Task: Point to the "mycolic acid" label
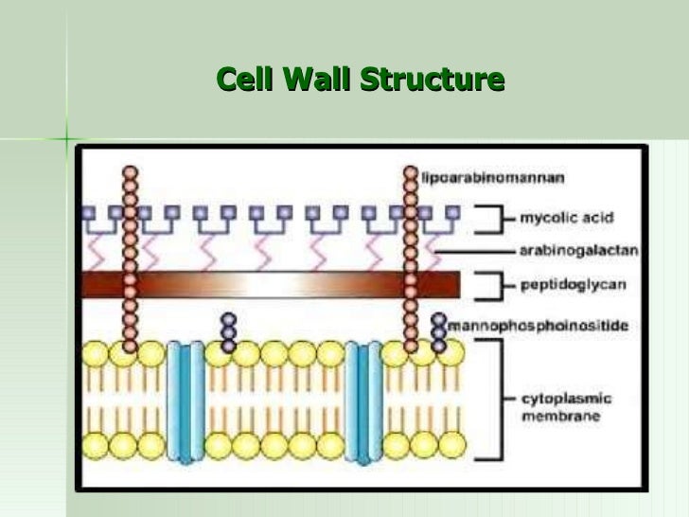coord(565,218)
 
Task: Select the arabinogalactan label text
coord(578,251)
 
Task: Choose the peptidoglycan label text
coord(567,283)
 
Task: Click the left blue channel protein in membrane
coord(185,401)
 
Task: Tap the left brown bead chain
coord(130,256)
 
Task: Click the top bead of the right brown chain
coord(410,173)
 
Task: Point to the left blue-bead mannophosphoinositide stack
coord(227,332)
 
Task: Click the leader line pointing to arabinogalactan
coord(473,251)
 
